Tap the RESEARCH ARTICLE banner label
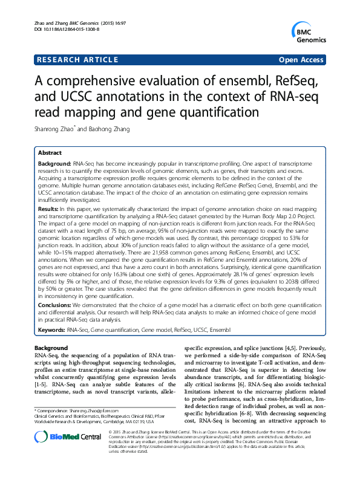click(77, 60)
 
